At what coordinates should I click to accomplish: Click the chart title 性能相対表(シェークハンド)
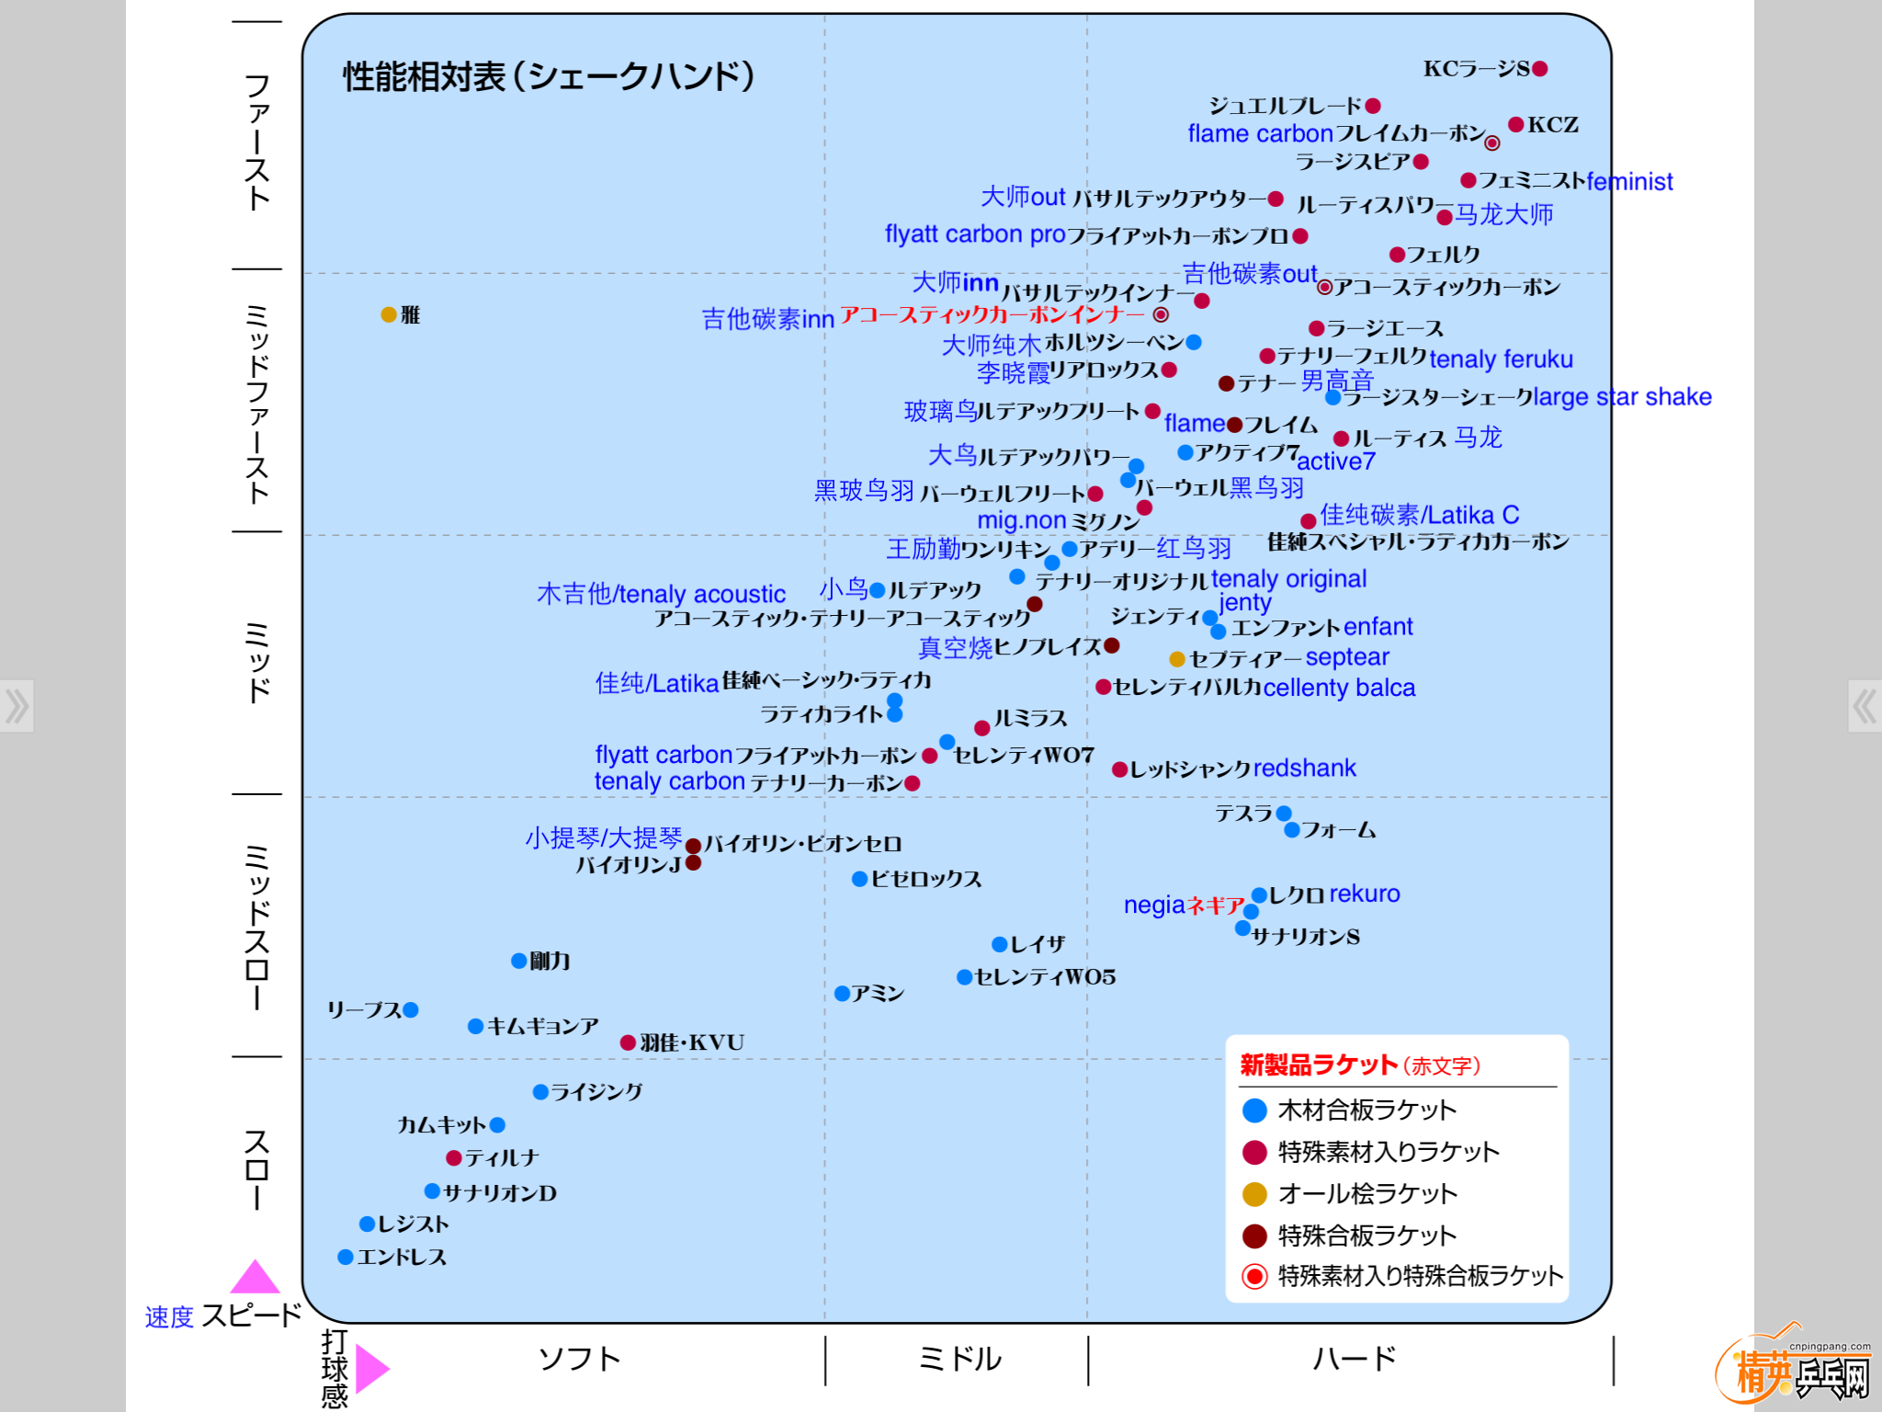549,76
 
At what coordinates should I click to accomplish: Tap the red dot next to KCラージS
1540,68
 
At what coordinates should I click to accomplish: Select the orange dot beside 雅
389,314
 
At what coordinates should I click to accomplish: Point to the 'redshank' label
1304,768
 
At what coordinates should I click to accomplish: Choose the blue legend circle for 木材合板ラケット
1254,1110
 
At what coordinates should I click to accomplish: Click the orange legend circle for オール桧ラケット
1254,1194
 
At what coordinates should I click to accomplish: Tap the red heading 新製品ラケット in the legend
1319,1065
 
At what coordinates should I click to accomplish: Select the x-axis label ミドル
958,1359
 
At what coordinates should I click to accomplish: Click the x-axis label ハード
1354,1359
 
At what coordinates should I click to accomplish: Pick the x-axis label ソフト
579,1359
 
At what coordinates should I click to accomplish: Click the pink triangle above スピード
255,1277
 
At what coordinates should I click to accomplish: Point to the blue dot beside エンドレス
346,1257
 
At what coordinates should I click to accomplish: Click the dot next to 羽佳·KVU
628,1042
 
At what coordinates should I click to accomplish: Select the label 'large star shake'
1622,397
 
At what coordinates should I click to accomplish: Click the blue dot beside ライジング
540,1092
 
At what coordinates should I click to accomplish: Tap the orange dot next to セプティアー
1176,659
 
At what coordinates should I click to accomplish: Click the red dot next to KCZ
1516,124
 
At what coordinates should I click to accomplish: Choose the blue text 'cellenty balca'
1339,688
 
